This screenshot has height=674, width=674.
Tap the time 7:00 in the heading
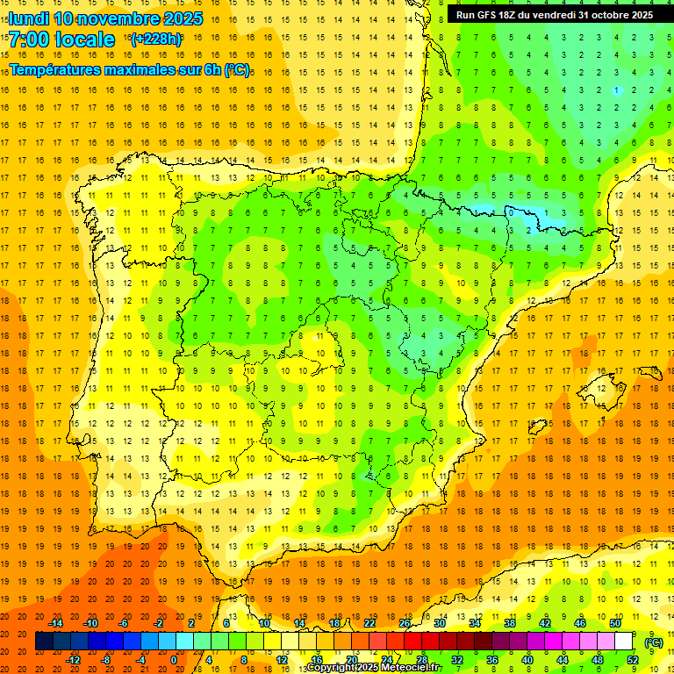27,39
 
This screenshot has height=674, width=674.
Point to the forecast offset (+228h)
156,39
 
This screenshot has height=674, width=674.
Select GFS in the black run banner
488,15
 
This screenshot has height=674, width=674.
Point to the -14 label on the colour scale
55,623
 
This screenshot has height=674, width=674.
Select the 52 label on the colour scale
633,660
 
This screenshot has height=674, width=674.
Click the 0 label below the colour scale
174,660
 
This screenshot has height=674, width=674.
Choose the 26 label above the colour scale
404,623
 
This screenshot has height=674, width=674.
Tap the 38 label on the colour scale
509,623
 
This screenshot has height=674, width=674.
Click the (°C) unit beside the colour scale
654,642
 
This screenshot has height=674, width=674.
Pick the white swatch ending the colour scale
624,642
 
